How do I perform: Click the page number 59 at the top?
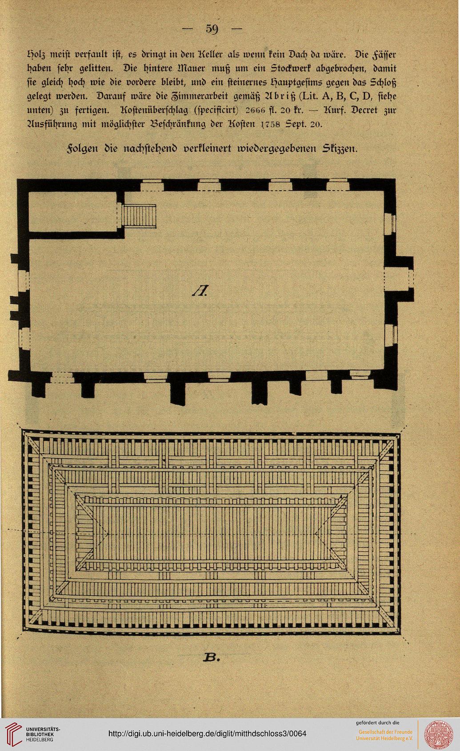pos(212,29)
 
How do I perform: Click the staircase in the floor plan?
pos(139,216)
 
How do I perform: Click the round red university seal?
pos(439,733)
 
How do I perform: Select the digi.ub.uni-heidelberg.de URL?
pos(208,733)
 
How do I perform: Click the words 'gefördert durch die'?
pos(378,723)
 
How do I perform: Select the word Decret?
pos(362,111)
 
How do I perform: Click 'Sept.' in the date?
pos(295,124)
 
